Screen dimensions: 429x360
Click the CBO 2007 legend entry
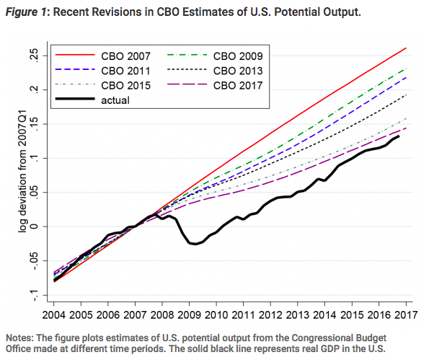tap(126, 56)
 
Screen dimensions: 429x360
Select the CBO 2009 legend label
tap(238, 56)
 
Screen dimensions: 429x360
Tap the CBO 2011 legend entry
tap(126, 71)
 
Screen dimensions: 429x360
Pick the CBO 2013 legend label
tap(238, 71)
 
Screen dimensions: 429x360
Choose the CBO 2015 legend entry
tap(126, 86)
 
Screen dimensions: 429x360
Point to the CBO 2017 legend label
tap(238, 86)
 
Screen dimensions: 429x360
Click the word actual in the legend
tap(115, 100)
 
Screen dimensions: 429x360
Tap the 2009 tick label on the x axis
tap(189, 315)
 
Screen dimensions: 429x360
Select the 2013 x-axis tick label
tap(297, 315)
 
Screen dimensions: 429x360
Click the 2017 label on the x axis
tap(406, 315)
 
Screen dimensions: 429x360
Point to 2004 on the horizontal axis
tap(53, 315)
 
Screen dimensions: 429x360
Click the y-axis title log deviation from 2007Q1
tap(22, 172)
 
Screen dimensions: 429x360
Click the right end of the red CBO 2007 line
tap(406, 48)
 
